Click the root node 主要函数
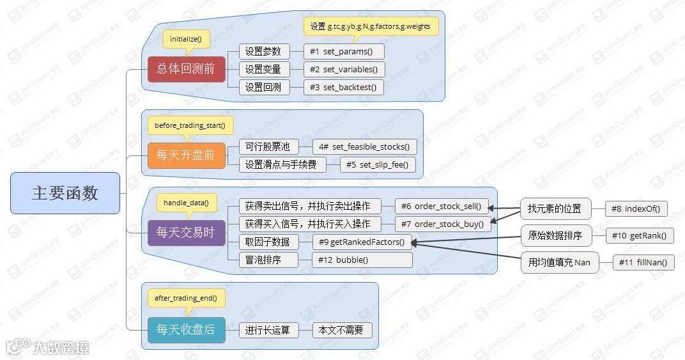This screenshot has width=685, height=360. [x=65, y=193]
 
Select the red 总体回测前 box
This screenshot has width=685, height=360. [x=186, y=69]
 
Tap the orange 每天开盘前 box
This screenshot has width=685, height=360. [x=186, y=155]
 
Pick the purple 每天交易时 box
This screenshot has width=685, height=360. [x=186, y=233]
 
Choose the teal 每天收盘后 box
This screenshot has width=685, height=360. [x=186, y=330]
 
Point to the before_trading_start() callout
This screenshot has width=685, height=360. [x=190, y=125]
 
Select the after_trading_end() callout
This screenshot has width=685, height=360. [x=186, y=297]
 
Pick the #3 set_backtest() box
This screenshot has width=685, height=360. [x=343, y=88]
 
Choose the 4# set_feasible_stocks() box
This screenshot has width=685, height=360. [x=364, y=147]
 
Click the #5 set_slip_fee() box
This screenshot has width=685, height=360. [x=378, y=165]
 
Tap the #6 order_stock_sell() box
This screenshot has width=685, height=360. [x=442, y=207]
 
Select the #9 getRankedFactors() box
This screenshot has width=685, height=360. [x=361, y=242]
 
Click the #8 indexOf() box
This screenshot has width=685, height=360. [x=636, y=209]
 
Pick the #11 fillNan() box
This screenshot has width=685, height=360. [x=643, y=263]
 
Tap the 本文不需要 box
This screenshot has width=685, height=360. [x=342, y=330]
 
